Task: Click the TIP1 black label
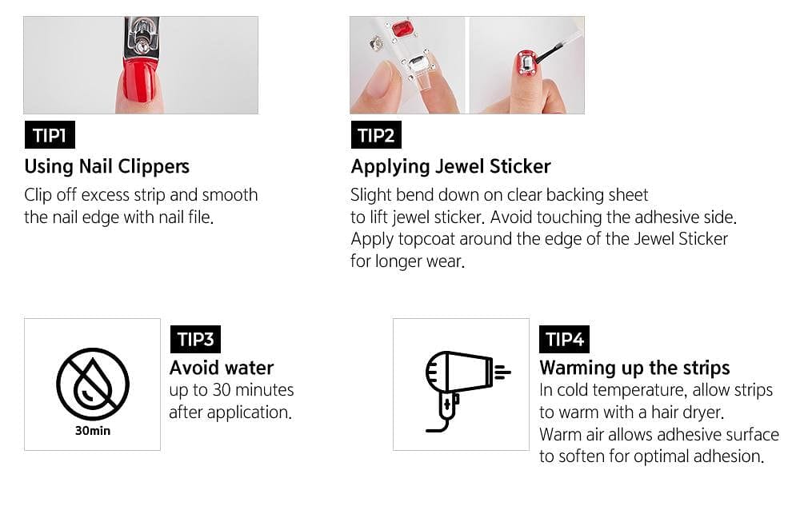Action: [50, 135]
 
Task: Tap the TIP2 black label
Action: [376, 135]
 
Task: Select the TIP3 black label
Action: [195, 339]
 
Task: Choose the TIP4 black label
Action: [565, 339]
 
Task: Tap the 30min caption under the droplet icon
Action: [92, 431]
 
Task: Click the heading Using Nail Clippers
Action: [106, 167]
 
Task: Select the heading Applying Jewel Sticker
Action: [450, 167]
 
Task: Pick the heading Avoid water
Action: [222, 368]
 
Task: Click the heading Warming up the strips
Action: [634, 368]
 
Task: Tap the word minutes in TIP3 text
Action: [264, 391]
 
